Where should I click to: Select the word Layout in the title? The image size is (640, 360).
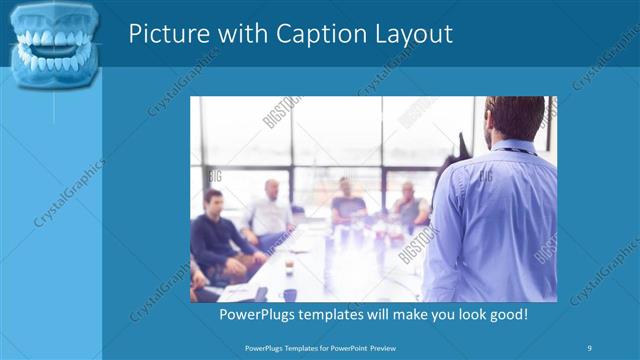[x=410, y=34]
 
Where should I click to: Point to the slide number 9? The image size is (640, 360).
[x=589, y=347]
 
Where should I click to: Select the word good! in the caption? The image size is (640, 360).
[x=506, y=315]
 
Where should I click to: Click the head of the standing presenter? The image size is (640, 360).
[x=515, y=120]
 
